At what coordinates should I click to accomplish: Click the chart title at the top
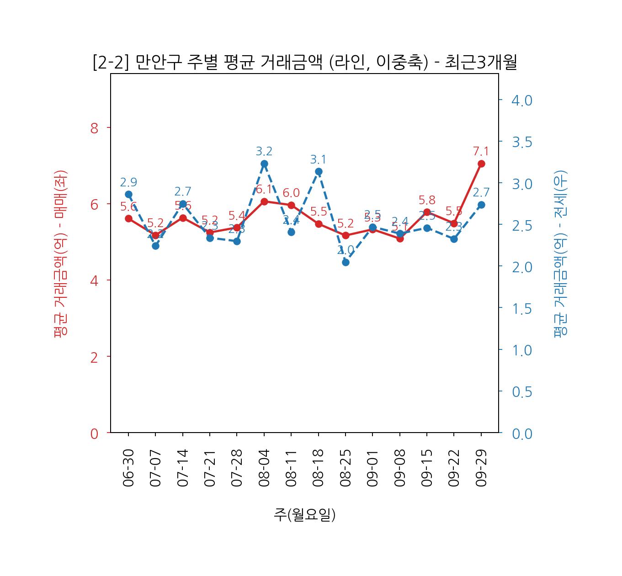click(x=304, y=62)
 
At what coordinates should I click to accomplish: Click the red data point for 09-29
click(x=481, y=164)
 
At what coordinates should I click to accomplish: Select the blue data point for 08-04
click(x=264, y=164)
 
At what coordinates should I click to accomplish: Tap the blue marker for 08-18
click(x=319, y=172)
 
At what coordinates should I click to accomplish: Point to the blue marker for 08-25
click(x=346, y=262)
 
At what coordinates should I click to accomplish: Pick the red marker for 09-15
click(x=427, y=212)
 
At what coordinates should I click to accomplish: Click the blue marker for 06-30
click(x=128, y=194)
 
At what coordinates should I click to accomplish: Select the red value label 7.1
click(x=481, y=151)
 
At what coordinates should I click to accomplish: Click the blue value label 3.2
click(x=264, y=151)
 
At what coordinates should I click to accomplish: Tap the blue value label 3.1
click(x=319, y=159)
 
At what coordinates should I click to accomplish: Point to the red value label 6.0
click(x=291, y=193)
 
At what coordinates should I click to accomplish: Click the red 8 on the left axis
click(x=95, y=128)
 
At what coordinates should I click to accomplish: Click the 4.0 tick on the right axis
click(x=521, y=100)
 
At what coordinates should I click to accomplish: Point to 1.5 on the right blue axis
click(x=521, y=308)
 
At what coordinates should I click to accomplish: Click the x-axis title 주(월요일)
click(x=304, y=514)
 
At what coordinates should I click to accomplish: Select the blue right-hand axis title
click(x=560, y=254)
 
